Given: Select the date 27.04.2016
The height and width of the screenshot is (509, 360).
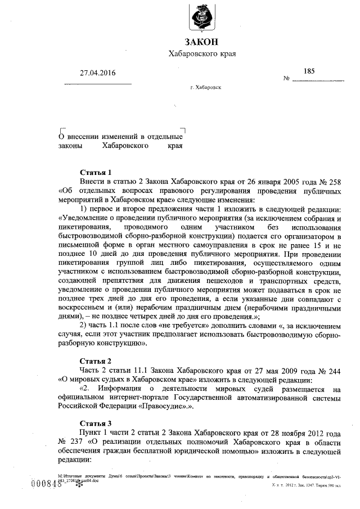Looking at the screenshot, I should click(x=97, y=73).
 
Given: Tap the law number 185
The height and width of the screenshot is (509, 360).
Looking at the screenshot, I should click(x=309, y=71).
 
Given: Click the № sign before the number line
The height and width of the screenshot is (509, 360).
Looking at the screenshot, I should click(x=287, y=79).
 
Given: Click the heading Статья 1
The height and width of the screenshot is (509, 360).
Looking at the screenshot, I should click(x=96, y=172).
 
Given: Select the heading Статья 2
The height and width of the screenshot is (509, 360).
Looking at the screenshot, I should click(x=96, y=360).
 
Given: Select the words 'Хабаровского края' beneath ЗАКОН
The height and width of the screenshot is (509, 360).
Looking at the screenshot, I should click(x=202, y=54).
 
